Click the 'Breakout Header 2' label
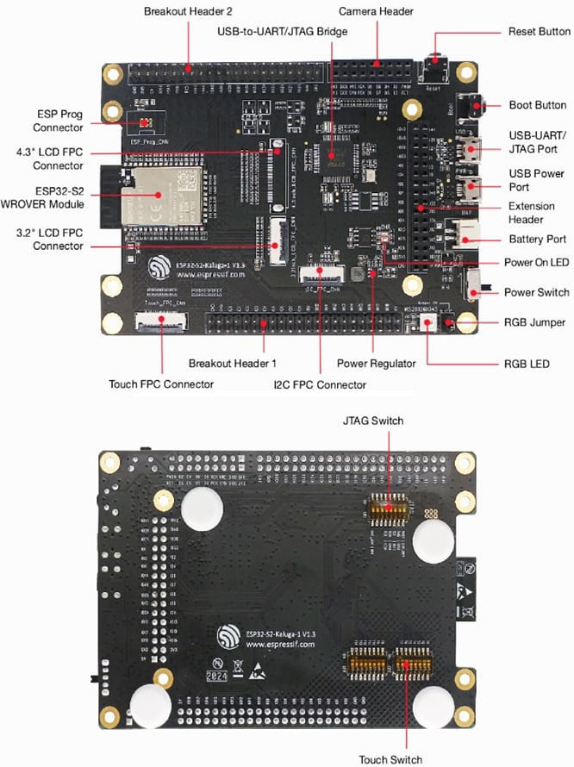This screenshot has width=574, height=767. click(187, 11)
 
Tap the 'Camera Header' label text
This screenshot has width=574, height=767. click(376, 11)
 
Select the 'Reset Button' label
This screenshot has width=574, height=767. click(539, 32)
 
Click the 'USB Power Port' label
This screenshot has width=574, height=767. click(537, 180)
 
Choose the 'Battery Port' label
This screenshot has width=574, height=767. click(536, 239)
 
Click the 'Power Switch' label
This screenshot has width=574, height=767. click(536, 292)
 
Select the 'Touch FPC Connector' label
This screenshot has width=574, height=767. click(161, 384)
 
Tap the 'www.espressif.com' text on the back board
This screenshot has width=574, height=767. click(280, 644)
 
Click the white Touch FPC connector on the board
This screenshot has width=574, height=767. click(159, 324)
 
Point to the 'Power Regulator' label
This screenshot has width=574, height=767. click(376, 364)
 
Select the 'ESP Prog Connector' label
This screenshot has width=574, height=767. click(59, 121)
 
